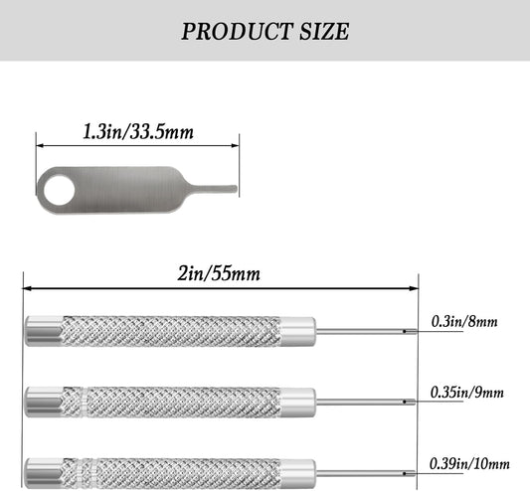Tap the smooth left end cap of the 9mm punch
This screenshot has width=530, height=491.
pos(41,401)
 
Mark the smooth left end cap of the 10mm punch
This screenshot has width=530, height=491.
pos(41,470)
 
